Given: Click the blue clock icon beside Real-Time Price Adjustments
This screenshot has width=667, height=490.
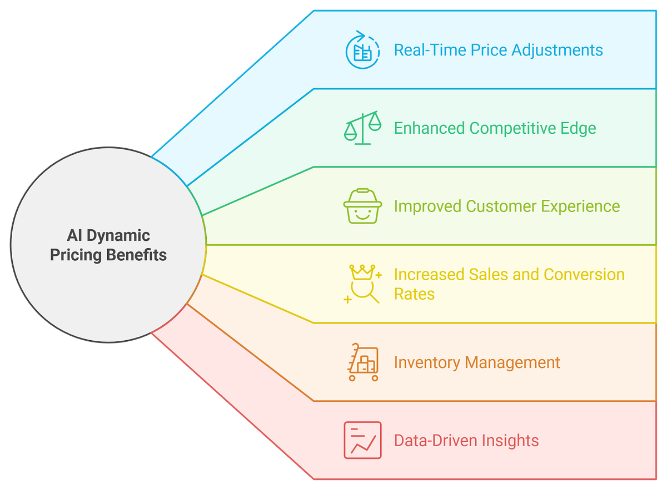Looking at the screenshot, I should coord(362,50).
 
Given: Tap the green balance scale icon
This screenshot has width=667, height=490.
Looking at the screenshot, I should coord(362,128).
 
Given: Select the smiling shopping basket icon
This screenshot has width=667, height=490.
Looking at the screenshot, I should coord(362,206).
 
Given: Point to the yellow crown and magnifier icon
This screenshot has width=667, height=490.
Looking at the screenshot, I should coord(363,284).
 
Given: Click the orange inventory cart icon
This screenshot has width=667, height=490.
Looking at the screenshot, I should coord(362,362).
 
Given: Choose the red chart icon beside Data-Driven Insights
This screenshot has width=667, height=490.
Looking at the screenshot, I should coord(362,440).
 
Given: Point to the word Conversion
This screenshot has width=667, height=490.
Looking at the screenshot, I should coord(584,275).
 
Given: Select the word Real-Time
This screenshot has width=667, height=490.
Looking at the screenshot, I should coord(430,50).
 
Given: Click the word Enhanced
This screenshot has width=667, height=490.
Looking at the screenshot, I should coord(429,128).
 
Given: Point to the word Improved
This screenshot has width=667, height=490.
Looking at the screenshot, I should coord(427,206).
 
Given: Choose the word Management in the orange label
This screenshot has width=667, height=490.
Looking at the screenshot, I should coord(512,363).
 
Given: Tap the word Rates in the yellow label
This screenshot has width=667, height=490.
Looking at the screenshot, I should coord(414,294).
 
